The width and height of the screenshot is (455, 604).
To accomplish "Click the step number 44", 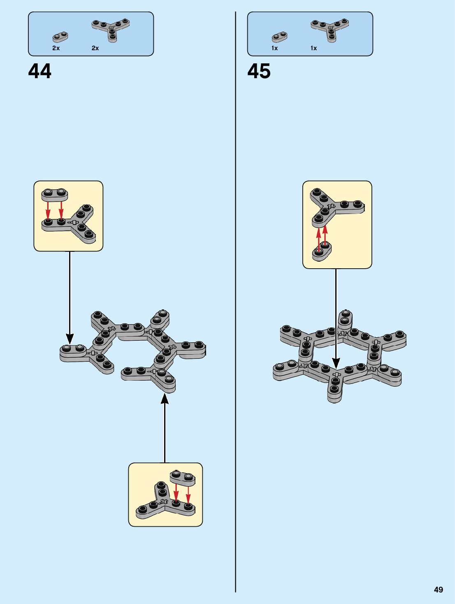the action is coord(40,71).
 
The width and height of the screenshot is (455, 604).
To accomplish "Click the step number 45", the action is coord(259,71).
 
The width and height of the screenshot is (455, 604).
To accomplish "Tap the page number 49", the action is coord(439,590).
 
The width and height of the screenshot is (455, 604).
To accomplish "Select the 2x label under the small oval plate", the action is coord(56,48).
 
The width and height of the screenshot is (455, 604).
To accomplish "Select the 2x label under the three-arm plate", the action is coord(95,48).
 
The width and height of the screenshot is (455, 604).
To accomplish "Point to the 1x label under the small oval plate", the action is coord(274,48).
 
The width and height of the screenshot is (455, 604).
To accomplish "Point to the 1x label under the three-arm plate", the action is coord(313,48).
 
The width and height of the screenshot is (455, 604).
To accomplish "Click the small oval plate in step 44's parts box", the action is coord(60,37).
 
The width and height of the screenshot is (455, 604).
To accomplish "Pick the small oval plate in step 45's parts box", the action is coord(280,37).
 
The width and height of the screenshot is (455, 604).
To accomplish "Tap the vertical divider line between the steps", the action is coord(236,288).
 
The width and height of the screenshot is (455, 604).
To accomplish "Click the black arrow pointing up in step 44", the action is coord(165,428).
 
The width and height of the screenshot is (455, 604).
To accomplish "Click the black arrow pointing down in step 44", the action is coord(70,296).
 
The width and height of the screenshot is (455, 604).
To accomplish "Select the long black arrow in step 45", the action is coord(336,317).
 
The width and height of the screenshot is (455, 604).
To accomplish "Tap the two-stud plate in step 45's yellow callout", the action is coord(322,251).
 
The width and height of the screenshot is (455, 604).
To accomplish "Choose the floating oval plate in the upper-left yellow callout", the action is coord(55,194).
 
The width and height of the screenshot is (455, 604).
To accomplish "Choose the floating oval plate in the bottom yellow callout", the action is coord(183,478).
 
